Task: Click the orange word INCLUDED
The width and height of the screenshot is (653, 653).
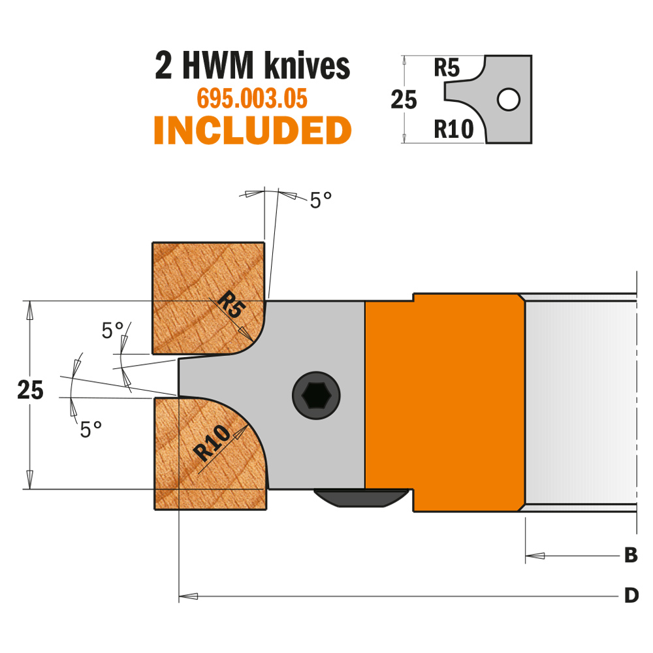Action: click(253, 131)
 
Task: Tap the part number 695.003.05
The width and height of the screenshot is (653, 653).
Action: click(252, 99)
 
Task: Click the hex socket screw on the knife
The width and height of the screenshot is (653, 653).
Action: click(315, 395)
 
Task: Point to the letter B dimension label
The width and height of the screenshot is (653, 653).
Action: click(630, 556)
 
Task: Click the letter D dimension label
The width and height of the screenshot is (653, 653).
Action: click(631, 596)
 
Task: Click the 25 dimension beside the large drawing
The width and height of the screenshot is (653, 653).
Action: click(31, 391)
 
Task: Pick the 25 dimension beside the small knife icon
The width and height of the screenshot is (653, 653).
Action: click(404, 100)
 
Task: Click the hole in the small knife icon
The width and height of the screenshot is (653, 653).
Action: click(508, 100)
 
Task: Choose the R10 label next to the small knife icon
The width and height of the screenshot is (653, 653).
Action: click(453, 129)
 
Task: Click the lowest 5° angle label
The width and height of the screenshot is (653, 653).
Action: click(91, 430)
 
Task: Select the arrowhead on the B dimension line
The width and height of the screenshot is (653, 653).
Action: click(535, 556)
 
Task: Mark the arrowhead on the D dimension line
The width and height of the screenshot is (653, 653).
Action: click(189, 596)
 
